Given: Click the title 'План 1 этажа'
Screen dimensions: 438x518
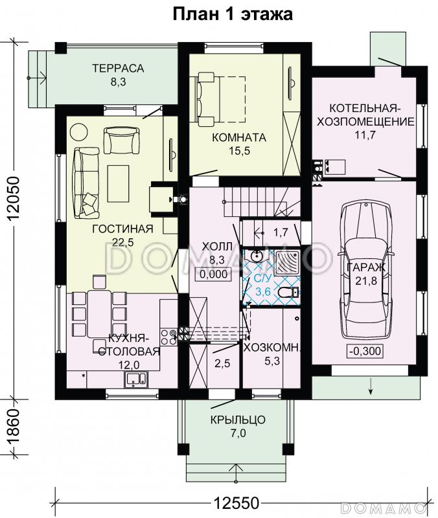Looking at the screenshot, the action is coord(233,15).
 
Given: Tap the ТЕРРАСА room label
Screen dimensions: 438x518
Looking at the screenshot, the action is coord(118,68).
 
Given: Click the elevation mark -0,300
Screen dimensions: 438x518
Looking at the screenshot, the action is coord(365,350).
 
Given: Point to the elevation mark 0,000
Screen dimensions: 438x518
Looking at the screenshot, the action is coord(214,274).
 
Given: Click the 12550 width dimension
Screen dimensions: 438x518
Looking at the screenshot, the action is coord(236,504).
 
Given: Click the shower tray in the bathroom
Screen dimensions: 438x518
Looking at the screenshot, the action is coord(287,263).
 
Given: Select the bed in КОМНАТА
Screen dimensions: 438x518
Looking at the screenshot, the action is coord(222,99).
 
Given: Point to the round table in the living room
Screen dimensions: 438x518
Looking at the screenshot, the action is coord(79,132).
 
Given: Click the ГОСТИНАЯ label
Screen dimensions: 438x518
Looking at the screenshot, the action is coord(122,229).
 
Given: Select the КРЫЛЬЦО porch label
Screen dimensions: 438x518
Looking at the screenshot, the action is coord(238,420).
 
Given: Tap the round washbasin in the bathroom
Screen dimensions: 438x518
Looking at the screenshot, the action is coord(257,256).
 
